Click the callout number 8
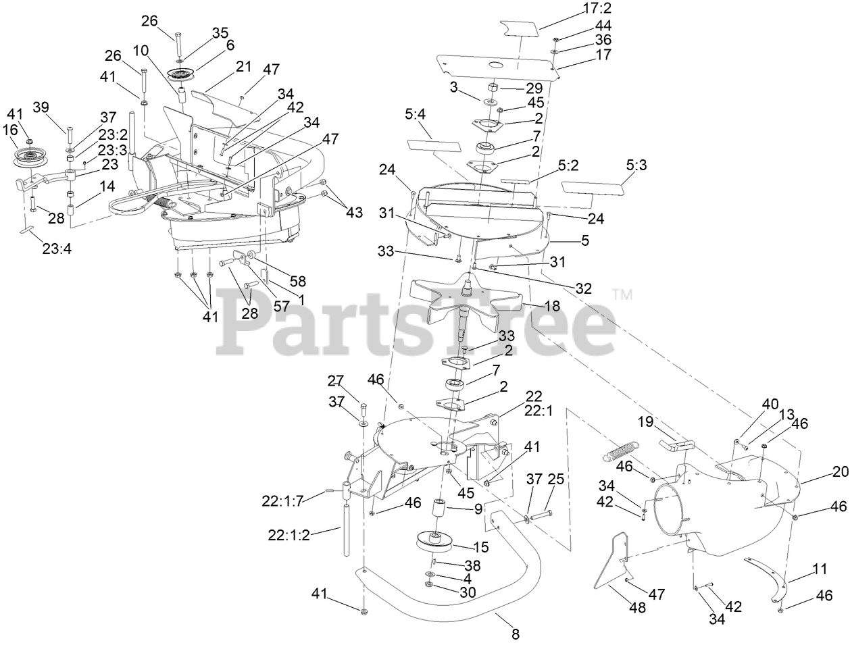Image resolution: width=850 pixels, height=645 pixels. click(516, 634)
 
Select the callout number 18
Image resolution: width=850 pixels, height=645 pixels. click(552, 307)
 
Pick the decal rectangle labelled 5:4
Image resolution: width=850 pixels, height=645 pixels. click(434, 147)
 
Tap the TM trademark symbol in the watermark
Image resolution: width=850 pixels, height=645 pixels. click(622, 294)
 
